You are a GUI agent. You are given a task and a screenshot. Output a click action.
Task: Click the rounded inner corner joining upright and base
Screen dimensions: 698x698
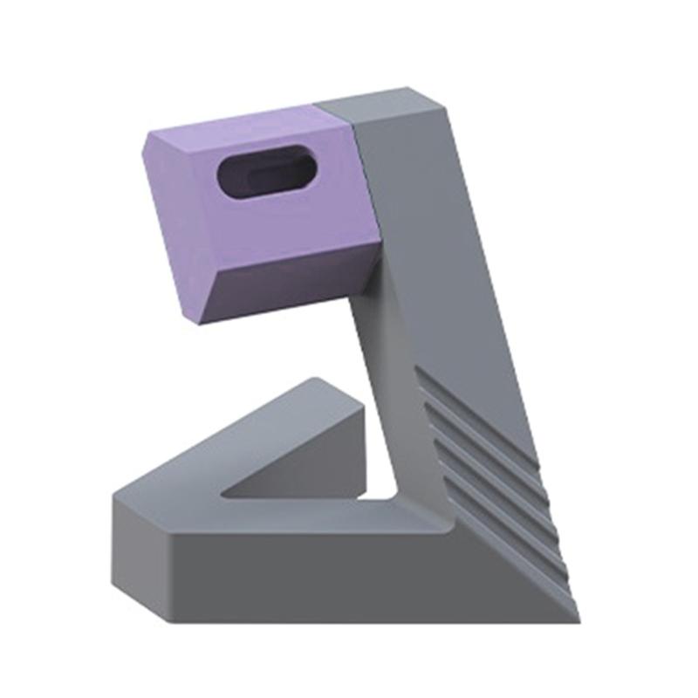point(441,515)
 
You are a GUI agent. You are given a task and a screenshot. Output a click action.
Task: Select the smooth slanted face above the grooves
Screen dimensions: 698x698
point(445,262)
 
